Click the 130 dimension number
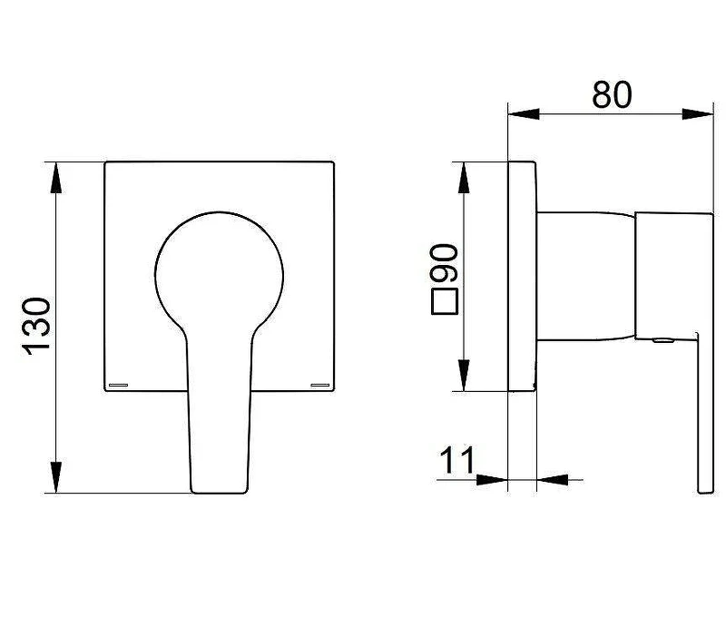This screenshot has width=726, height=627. pyautogui.click(x=36, y=327)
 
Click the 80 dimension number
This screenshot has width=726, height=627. pyautogui.click(x=612, y=95)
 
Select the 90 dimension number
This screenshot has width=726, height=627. pyautogui.click(x=444, y=263)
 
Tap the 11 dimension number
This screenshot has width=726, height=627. pyautogui.click(x=457, y=460)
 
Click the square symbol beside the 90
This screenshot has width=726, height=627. pyautogui.click(x=445, y=301)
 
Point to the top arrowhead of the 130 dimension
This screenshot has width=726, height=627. pyautogui.click(x=55, y=178)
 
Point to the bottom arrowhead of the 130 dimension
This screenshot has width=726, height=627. pyautogui.click(x=55, y=477)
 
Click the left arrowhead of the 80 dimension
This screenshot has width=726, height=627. pyautogui.click(x=524, y=114)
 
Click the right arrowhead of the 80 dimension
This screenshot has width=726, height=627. pyautogui.click(x=698, y=114)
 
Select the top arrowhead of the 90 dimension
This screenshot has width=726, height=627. pyautogui.click(x=464, y=178)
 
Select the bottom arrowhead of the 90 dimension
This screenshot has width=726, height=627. pyautogui.click(x=464, y=376)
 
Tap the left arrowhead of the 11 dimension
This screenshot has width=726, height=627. pyautogui.click(x=492, y=480)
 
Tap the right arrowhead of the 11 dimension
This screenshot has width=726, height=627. pyautogui.click(x=553, y=480)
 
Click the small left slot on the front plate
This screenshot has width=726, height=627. pyautogui.click(x=118, y=385)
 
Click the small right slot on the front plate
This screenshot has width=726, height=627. pyautogui.click(x=320, y=385)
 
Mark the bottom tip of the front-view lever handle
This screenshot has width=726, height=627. pyautogui.click(x=219, y=493)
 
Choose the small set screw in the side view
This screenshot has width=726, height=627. pyautogui.click(x=663, y=341)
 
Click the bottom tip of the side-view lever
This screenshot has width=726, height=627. pyautogui.click(x=706, y=493)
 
